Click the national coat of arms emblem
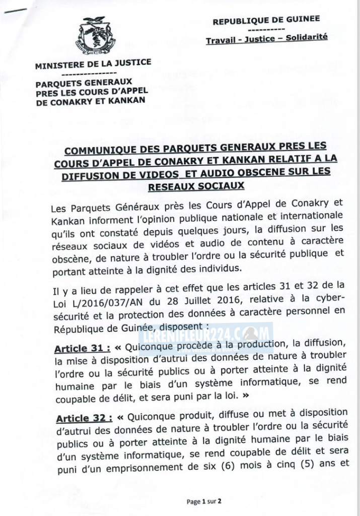95,36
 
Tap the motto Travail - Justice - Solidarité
266,38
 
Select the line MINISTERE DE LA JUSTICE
93,64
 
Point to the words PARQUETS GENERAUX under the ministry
84,82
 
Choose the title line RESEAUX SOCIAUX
196,186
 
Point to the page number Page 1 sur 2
204,501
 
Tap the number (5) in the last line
311,464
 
